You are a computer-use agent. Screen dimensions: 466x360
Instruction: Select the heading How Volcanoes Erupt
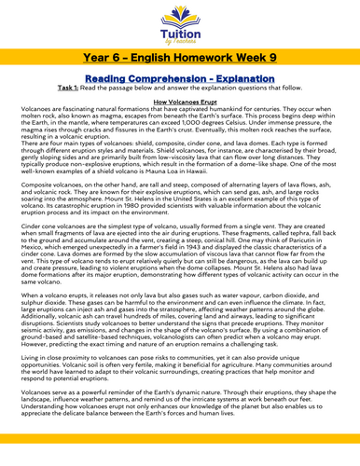coord(179,111)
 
